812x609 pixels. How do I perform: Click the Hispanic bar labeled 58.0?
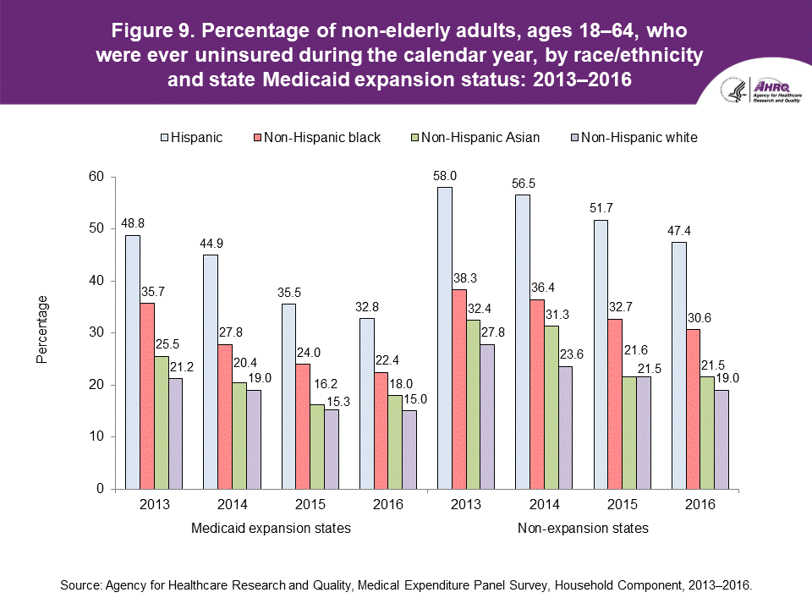tap(445, 338)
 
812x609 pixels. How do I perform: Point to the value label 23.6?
tap(565, 358)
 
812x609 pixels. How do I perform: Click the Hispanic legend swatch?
tap(163, 136)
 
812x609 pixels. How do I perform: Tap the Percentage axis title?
tap(42, 330)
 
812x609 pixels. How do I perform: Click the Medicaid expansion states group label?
tap(271, 529)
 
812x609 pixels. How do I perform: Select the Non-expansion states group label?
tap(582, 529)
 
